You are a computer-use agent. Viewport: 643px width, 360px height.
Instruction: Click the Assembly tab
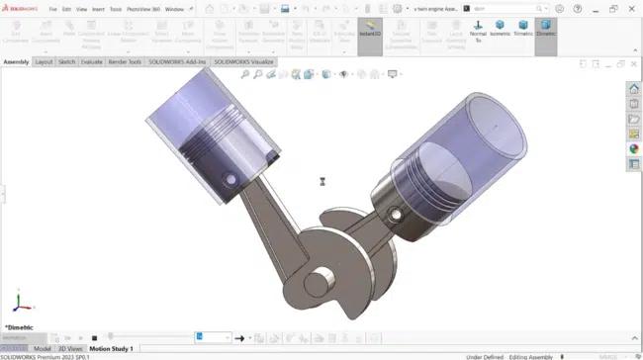click(16, 61)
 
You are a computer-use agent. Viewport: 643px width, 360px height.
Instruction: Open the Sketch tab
click(66, 61)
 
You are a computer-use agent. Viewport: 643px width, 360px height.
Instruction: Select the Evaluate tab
click(92, 61)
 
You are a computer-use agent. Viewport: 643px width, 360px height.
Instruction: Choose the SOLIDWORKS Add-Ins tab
click(177, 61)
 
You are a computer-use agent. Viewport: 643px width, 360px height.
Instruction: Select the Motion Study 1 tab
click(111, 349)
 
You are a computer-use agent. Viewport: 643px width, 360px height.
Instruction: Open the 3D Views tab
click(70, 349)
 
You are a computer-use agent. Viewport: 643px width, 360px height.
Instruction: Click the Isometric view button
click(501, 29)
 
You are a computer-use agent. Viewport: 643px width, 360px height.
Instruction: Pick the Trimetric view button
click(523, 29)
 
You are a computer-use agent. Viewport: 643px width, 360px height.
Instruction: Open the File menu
click(53, 9)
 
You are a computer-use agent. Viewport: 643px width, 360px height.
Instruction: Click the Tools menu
click(116, 9)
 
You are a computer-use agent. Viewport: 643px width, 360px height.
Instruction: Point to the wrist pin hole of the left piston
click(230, 180)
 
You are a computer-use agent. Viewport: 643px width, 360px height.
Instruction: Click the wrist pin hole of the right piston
click(396, 214)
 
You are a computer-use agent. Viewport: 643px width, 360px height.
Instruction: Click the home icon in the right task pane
click(634, 90)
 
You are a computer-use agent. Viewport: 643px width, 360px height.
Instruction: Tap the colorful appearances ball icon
click(634, 149)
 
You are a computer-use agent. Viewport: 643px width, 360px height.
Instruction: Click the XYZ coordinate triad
click(24, 304)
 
